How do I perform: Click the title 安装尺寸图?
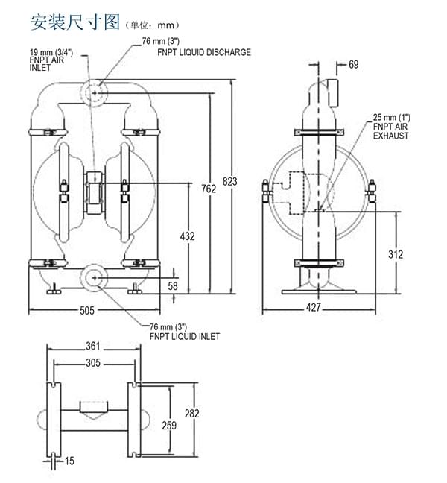pos(74,22)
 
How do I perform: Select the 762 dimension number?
pos(209,189)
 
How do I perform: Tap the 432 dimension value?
pos(188,236)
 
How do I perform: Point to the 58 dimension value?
pos(173,285)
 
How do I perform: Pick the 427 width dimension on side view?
pos(314,308)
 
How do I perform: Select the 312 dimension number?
pos(396,254)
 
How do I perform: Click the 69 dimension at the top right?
pos(353,65)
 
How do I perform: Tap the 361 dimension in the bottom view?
pos(92,346)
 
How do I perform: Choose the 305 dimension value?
pos(92,363)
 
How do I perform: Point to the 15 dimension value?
pos(69,461)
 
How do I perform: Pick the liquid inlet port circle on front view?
pos(94,277)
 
